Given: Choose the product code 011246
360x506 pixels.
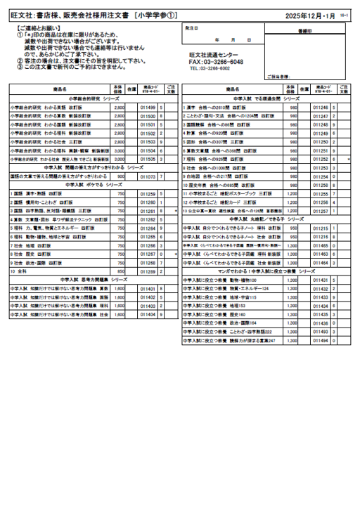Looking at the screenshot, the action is point(321,107).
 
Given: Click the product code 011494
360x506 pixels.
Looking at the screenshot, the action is point(321,340).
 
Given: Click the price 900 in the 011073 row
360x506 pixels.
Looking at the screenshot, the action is point(121,176).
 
